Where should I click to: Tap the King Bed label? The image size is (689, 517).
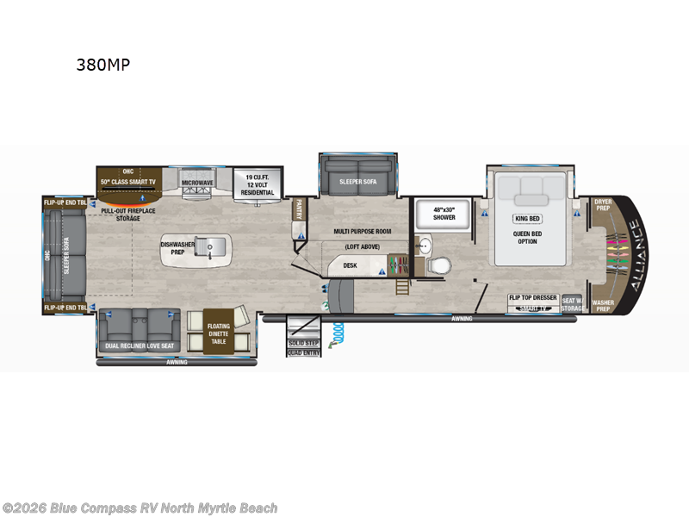[x=527, y=219]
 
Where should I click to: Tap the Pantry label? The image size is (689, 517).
[x=299, y=209]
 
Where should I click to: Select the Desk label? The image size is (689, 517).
[x=350, y=265]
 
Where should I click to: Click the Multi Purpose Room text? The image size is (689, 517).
[x=363, y=232]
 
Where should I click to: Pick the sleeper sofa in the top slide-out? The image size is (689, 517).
[x=357, y=182]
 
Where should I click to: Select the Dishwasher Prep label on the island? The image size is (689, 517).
[x=178, y=248]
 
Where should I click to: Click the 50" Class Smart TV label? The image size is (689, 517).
[x=129, y=182]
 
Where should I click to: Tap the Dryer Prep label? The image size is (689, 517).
[x=603, y=206]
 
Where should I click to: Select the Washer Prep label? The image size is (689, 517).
[x=602, y=306]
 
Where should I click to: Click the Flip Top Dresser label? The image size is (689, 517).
[x=531, y=298]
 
